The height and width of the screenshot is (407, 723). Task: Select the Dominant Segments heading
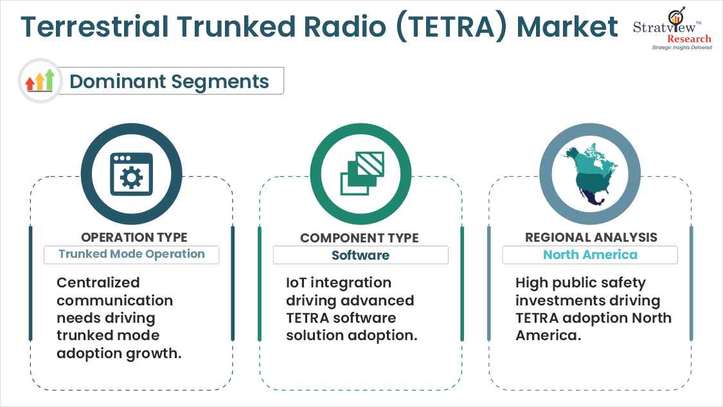pos(169,82)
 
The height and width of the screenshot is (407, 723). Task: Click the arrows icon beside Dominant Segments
pos(39,81)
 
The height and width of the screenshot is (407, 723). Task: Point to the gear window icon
pos(132,174)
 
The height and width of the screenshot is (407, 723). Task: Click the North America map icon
pos(589,174)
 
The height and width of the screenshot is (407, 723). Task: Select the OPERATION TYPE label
pos(134,237)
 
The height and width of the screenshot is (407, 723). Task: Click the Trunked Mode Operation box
pos(131,254)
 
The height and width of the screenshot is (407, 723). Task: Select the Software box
pos(361,255)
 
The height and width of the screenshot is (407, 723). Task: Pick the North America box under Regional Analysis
pos(590,255)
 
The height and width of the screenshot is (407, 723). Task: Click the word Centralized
pos(98,283)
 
